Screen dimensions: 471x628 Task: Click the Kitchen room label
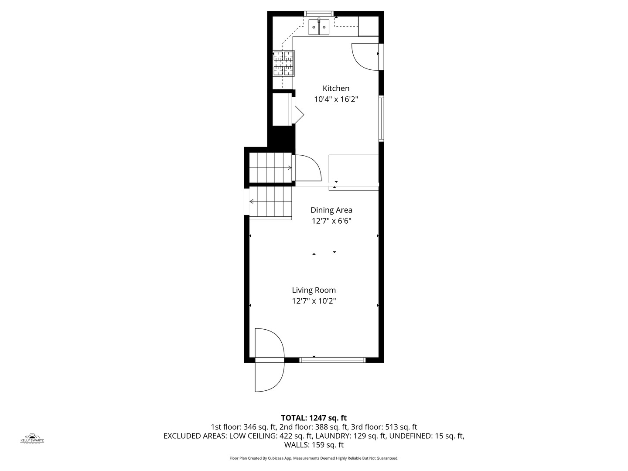click(336, 88)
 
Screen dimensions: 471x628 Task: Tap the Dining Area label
click(331, 210)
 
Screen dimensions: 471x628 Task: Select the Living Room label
click(314, 290)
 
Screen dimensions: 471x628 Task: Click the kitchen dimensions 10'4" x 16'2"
click(336, 99)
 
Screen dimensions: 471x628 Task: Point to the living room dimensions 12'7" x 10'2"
click(314, 301)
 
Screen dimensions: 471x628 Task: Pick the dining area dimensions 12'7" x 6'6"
click(331, 221)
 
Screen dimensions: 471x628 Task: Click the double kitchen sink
click(319, 27)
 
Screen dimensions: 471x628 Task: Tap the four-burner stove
click(283, 64)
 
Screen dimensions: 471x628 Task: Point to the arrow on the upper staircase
click(289, 167)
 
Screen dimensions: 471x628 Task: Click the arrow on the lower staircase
click(252, 201)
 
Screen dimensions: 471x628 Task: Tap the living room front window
click(332, 360)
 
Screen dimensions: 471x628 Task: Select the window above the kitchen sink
click(319, 14)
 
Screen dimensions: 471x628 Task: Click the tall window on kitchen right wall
click(381, 119)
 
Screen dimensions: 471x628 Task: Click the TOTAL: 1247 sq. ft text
click(314, 418)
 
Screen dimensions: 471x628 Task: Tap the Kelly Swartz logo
click(32, 438)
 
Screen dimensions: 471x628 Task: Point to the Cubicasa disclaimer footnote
click(314, 458)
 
